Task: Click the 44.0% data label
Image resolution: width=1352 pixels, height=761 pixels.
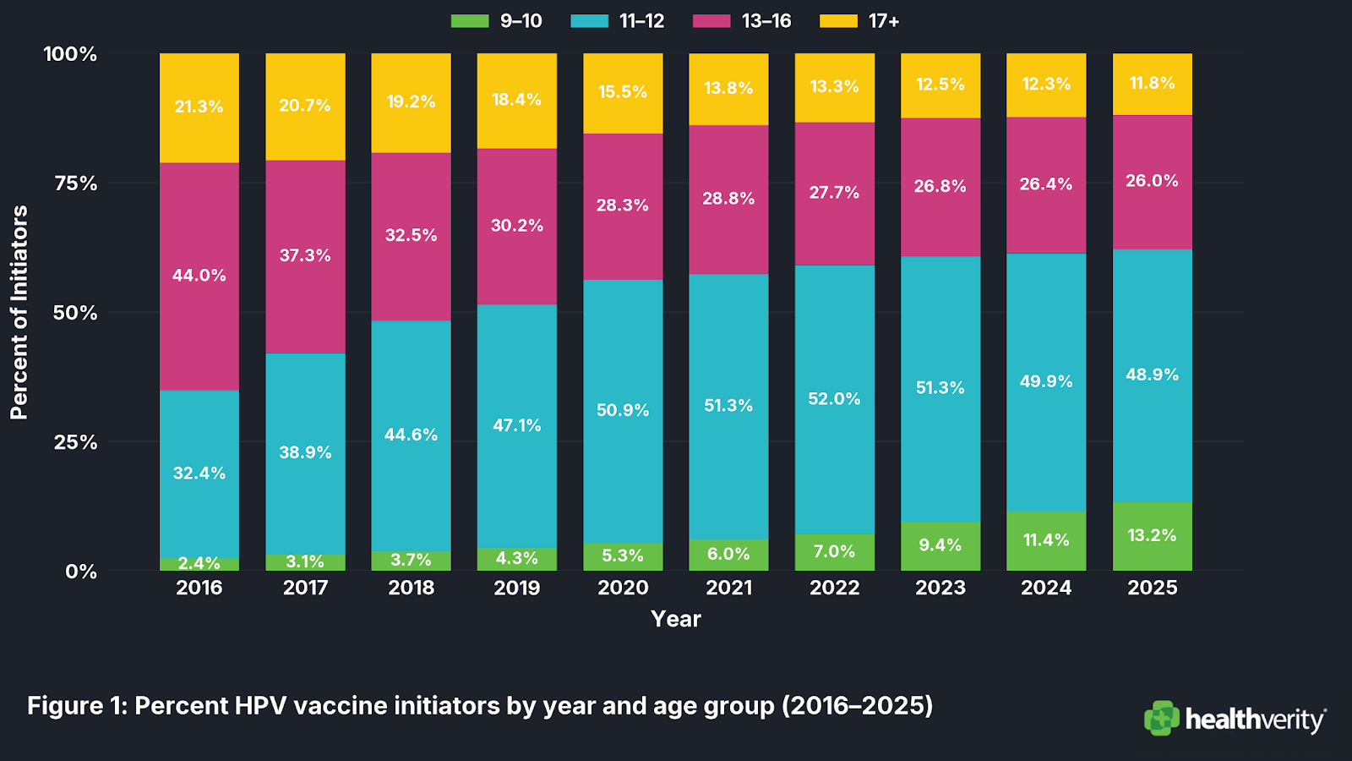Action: [x=199, y=276]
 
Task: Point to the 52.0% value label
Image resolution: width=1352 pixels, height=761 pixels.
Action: [x=834, y=399]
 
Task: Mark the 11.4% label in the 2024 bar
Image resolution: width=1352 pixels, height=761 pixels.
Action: [x=1046, y=540]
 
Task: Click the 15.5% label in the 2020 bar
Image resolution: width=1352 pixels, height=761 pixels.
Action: [x=623, y=92]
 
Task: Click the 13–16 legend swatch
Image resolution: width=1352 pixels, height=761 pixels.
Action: [x=711, y=21]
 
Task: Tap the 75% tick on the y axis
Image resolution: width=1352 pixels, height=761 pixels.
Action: [x=76, y=183]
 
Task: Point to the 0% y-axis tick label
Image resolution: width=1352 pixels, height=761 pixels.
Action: [x=81, y=572]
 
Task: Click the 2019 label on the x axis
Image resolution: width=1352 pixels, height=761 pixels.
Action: [x=517, y=588]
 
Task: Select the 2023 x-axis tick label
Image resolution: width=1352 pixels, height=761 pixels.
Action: [x=940, y=588]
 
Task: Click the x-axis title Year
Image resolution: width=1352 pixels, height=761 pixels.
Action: [x=676, y=619]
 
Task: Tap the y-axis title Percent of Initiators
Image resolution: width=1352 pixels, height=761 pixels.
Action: [x=19, y=312]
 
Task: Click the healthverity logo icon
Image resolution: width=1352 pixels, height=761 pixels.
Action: [x=1162, y=718]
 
